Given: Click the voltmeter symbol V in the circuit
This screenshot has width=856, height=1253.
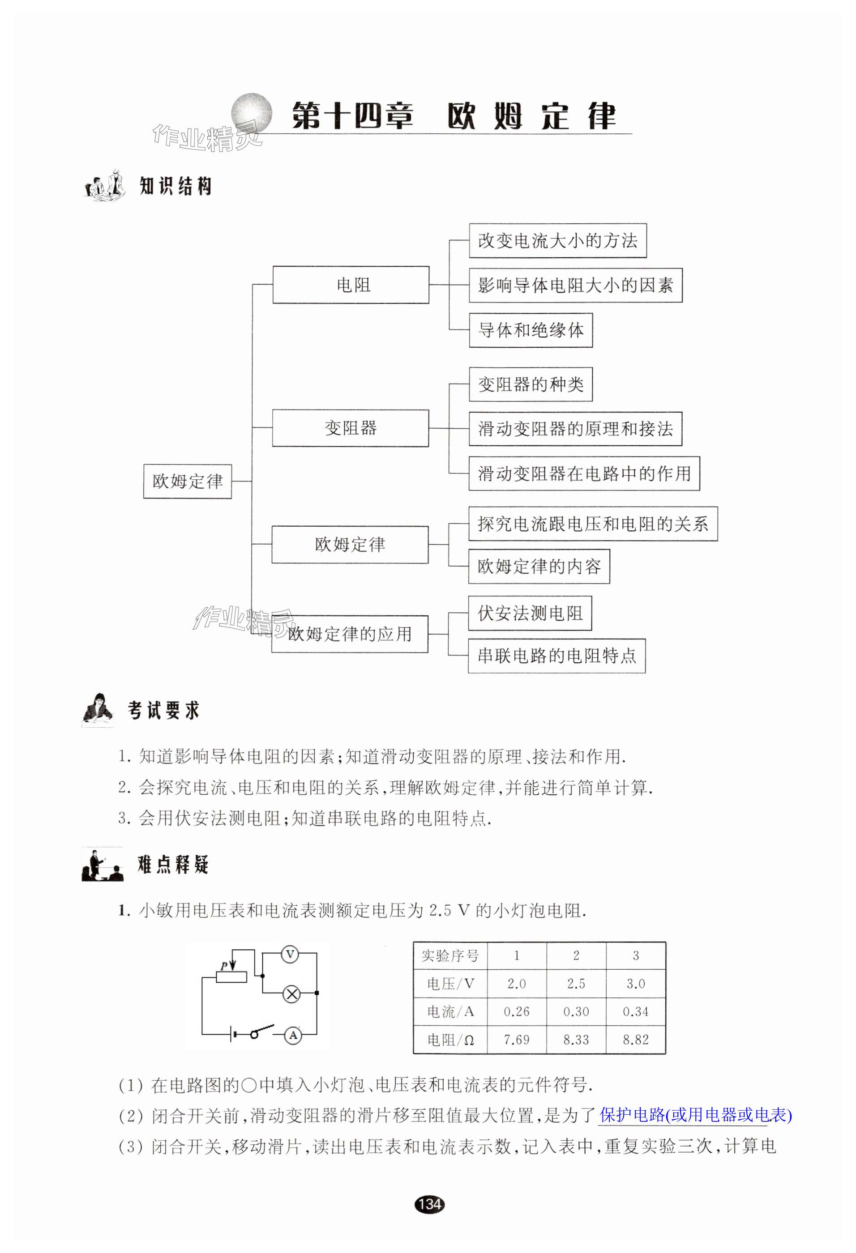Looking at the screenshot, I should coord(290,955).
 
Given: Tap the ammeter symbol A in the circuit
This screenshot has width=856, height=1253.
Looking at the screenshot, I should coord(293,1035).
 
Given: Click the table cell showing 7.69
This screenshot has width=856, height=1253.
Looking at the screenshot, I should coord(516,1039).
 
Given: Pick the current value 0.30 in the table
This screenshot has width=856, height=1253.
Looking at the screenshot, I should coord(576,1011).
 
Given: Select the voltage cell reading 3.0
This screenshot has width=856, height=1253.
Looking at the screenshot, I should coord(635,984).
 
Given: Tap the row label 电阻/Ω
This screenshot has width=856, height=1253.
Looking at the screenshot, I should coord(450,1039).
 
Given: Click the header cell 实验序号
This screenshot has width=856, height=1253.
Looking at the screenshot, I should coord(450,955).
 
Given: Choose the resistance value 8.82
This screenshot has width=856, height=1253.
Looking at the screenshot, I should coord(635,1039).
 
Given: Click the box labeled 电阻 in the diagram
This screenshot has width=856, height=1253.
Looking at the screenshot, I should coord(351,285).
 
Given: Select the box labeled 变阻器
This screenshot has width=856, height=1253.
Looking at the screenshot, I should coord(350,428).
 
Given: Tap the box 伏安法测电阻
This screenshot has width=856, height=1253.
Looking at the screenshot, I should coord(530,613).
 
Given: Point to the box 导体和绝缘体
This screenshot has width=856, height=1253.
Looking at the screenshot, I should coord(531,330).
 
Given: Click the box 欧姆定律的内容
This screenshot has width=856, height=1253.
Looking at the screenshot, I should coord(539,566).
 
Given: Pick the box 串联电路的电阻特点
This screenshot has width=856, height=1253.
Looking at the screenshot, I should coord(556,656).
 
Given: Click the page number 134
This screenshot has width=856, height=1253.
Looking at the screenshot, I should coord(429,1203).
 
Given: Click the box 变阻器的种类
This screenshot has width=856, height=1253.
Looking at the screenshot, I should coord(531,384).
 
